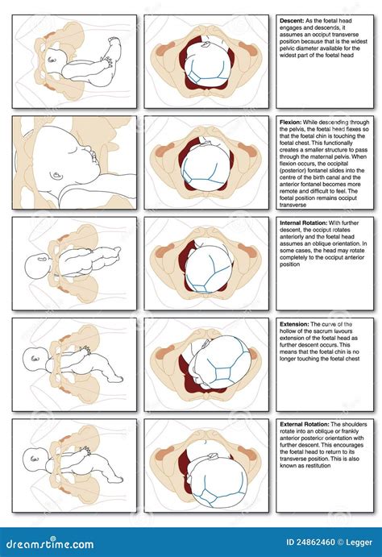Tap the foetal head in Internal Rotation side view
click(36, 265)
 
